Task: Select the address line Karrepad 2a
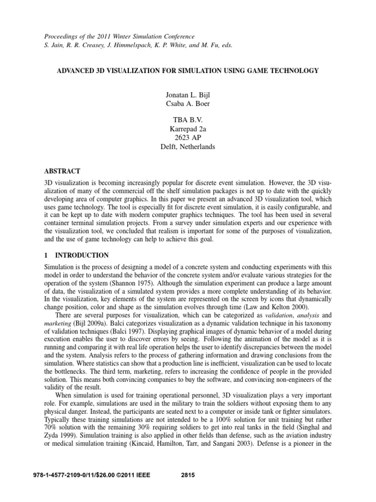click(188, 129)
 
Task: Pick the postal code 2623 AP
click(188, 138)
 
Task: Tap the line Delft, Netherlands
click(188, 147)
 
